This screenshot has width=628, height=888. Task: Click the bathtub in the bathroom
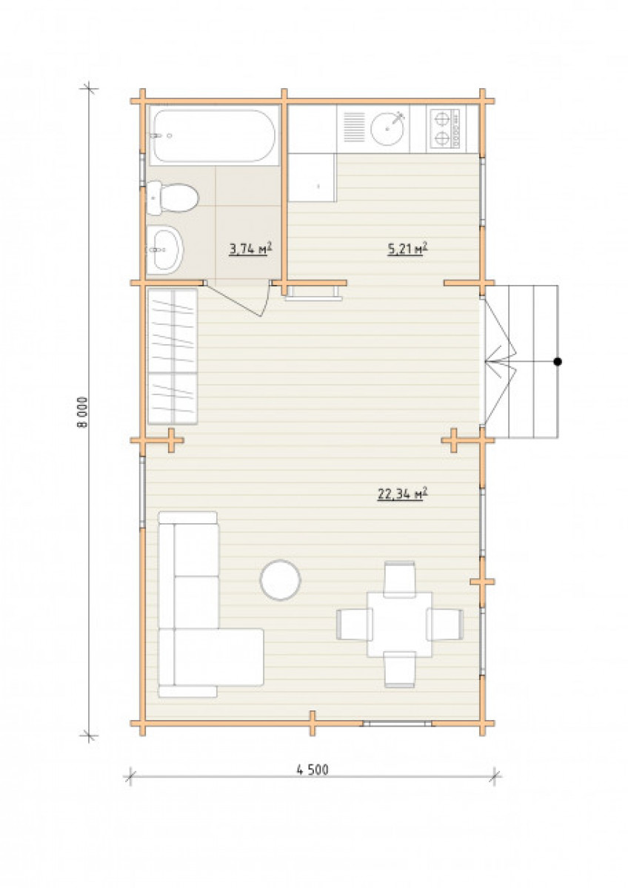(214, 135)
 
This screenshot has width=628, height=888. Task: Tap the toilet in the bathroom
(173, 198)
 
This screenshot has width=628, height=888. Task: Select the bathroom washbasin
(165, 250)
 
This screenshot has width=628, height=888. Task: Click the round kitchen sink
(387, 127)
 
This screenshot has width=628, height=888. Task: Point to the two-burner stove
(443, 129)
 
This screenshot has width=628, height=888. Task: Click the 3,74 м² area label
(251, 249)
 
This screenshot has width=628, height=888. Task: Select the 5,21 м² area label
(407, 249)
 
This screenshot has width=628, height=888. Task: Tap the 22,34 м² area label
(402, 494)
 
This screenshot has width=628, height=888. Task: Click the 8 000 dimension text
(82, 412)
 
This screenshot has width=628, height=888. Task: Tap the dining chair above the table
(399, 579)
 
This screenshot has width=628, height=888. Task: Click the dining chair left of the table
(354, 625)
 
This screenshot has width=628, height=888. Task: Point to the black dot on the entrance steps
(558, 362)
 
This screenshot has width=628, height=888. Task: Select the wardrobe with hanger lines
(173, 357)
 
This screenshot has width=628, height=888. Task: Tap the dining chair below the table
(399, 669)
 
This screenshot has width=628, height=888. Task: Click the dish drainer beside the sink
(354, 127)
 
